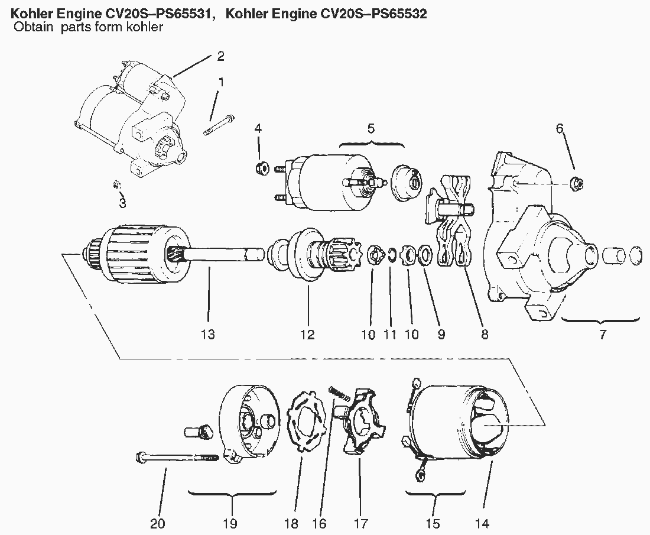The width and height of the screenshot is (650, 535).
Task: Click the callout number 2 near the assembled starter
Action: tap(220, 57)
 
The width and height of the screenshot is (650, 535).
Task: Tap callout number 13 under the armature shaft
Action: tap(207, 335)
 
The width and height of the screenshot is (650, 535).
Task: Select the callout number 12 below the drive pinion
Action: tap(307, 335)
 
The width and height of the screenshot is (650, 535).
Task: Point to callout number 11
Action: tap(389, 335)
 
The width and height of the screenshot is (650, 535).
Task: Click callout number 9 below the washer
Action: tap(441, 335)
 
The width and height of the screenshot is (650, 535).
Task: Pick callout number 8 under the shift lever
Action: tap(485, 335)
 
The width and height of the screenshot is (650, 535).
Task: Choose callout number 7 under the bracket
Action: tap(603, 335)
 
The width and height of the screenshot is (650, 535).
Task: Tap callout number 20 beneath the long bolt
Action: tap(158, 523)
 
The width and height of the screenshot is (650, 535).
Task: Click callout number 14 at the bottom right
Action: tap(483, 523)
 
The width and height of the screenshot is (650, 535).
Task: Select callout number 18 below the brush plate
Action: tap(291, 523)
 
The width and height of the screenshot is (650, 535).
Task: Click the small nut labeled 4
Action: tap(261, 168)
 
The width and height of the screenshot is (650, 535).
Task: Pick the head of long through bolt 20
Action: tap(142, 456)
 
